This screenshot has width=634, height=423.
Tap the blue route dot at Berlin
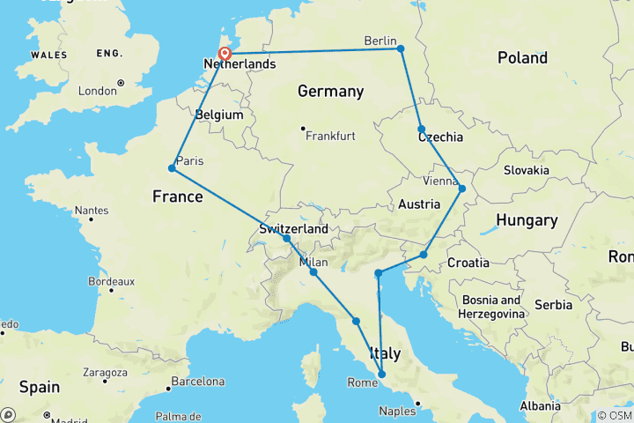click(401, 48)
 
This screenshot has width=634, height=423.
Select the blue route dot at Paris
click(172, 168)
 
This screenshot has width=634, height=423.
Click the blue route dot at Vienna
click(461, 188)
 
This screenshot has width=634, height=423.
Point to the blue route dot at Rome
click(381, 375)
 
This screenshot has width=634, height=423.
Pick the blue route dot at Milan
click(313, 272)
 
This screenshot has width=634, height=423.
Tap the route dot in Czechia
click(422, 129)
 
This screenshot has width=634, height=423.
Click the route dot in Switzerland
click(287, 239)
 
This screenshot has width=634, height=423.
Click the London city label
click(97, 91)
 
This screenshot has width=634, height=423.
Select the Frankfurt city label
click(330, 136)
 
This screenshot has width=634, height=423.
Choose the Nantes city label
click(92, 211)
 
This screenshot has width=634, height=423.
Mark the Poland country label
click(522, 58)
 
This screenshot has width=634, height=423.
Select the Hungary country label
click(526, 220)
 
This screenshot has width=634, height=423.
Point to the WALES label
click(48, 54)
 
